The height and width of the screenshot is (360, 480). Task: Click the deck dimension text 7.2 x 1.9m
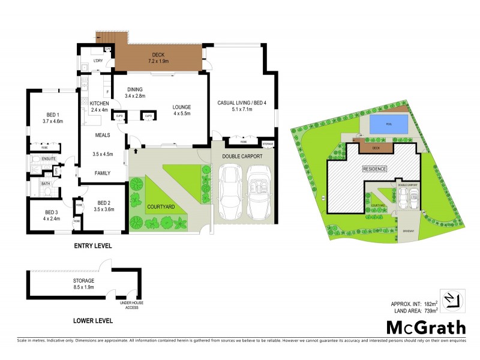[158, 61]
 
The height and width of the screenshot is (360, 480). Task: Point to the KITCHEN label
[99, 104]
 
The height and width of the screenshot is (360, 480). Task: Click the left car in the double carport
[232, 193]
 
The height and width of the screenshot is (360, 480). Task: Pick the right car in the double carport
[259, 193]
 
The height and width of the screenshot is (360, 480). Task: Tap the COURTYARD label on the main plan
[161, 206]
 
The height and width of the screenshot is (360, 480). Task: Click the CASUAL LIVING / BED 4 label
[241, 103]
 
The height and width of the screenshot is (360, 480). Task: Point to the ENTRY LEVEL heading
[92, 246]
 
